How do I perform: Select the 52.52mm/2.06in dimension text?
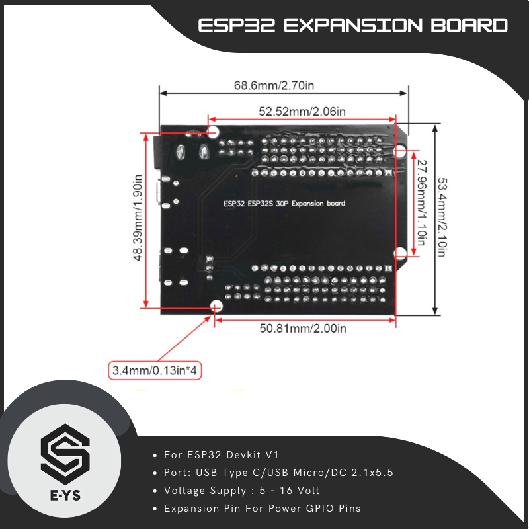coord(302,112)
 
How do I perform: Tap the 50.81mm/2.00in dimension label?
coord(302,328)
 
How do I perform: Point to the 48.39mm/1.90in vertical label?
coord(138,218)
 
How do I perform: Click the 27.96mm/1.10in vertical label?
coord(421,202)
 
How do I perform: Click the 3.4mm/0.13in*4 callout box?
coord(154,370)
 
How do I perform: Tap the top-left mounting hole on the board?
coord(214,131)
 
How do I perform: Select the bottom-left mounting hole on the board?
coord(216,306)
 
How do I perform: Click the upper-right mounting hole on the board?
coord(400,152)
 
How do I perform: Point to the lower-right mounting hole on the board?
coord(400,253)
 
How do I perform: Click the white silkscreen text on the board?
coord(284,204)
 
